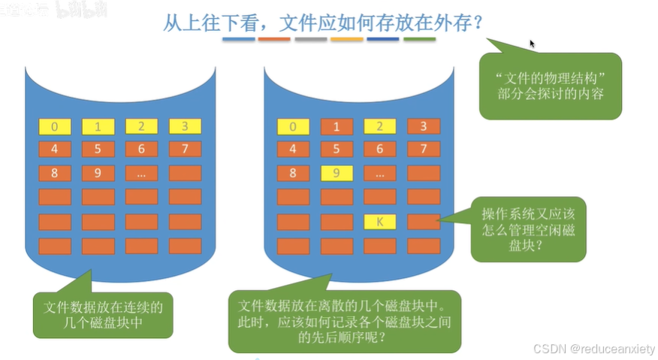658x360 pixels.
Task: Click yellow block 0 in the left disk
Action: [x=55, y=126]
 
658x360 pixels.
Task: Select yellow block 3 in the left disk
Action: [x=185, y=126]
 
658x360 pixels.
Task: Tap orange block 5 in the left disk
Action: [x=98, y=149]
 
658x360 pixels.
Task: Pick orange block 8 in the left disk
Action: [x=55, y=174]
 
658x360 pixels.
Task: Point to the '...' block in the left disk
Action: [x=141, y=174]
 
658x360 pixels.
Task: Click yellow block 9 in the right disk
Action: [x=337, y=174]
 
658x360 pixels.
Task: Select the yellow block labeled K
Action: [x=379, y=222]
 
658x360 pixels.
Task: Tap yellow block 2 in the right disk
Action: [x=379, y=126]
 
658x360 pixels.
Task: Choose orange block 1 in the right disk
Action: [x=337, y=126]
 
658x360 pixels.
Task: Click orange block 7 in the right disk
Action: [x=423, y=149]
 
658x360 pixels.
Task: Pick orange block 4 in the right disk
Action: [x=293, y=149]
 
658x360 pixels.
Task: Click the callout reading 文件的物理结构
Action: [x=550, y=86]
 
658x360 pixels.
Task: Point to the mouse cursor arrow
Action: [x=533, y=44]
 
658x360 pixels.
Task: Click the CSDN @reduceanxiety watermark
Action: [x=593, y=349]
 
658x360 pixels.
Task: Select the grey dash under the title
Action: [x=310, y=38]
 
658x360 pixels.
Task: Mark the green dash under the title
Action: [x=419, y=38]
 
